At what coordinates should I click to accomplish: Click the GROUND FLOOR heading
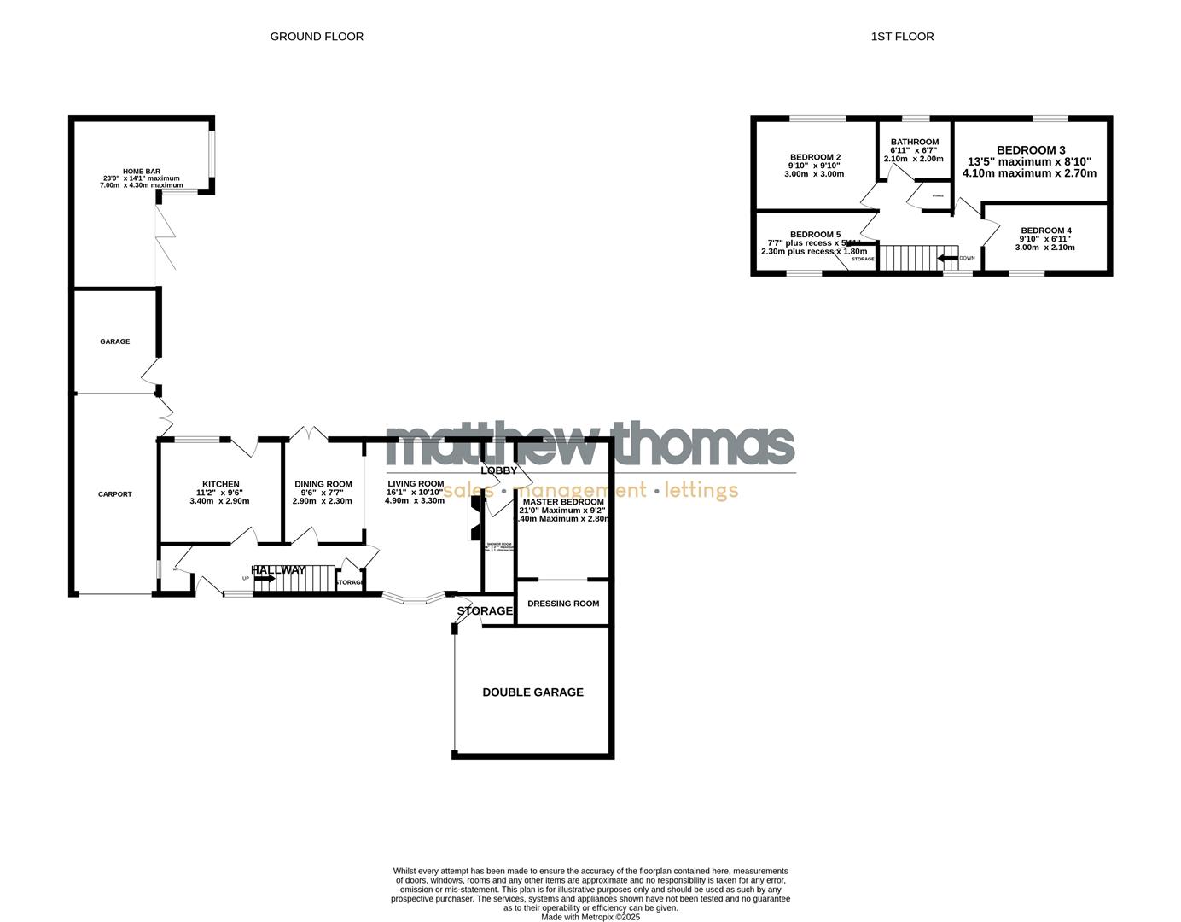coord(317,37)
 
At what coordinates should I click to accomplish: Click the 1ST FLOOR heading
coord(902,37)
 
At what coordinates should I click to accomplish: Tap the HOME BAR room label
coord(142,172)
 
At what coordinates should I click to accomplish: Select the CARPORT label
coord(114,494)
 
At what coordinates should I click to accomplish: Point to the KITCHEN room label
coord(220,484)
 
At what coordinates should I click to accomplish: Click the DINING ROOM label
coord(323,484)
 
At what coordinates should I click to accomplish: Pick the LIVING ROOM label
coord(416,484)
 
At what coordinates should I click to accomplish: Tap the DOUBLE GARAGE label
coord(533,692)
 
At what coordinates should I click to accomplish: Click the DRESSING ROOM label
coord(563,604)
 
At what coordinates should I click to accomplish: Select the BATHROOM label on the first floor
coord(915,143)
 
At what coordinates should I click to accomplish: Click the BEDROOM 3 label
coord(1030,150)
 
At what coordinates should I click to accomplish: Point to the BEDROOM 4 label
coord(1045,230)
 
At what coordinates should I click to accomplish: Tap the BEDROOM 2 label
coord(815,157)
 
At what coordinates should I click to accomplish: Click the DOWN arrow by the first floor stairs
coord(947,257)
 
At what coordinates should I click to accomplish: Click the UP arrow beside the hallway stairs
coord(265,578)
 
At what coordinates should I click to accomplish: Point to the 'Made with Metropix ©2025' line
coord(590,917)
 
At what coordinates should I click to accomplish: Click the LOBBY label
coord(499,470)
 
